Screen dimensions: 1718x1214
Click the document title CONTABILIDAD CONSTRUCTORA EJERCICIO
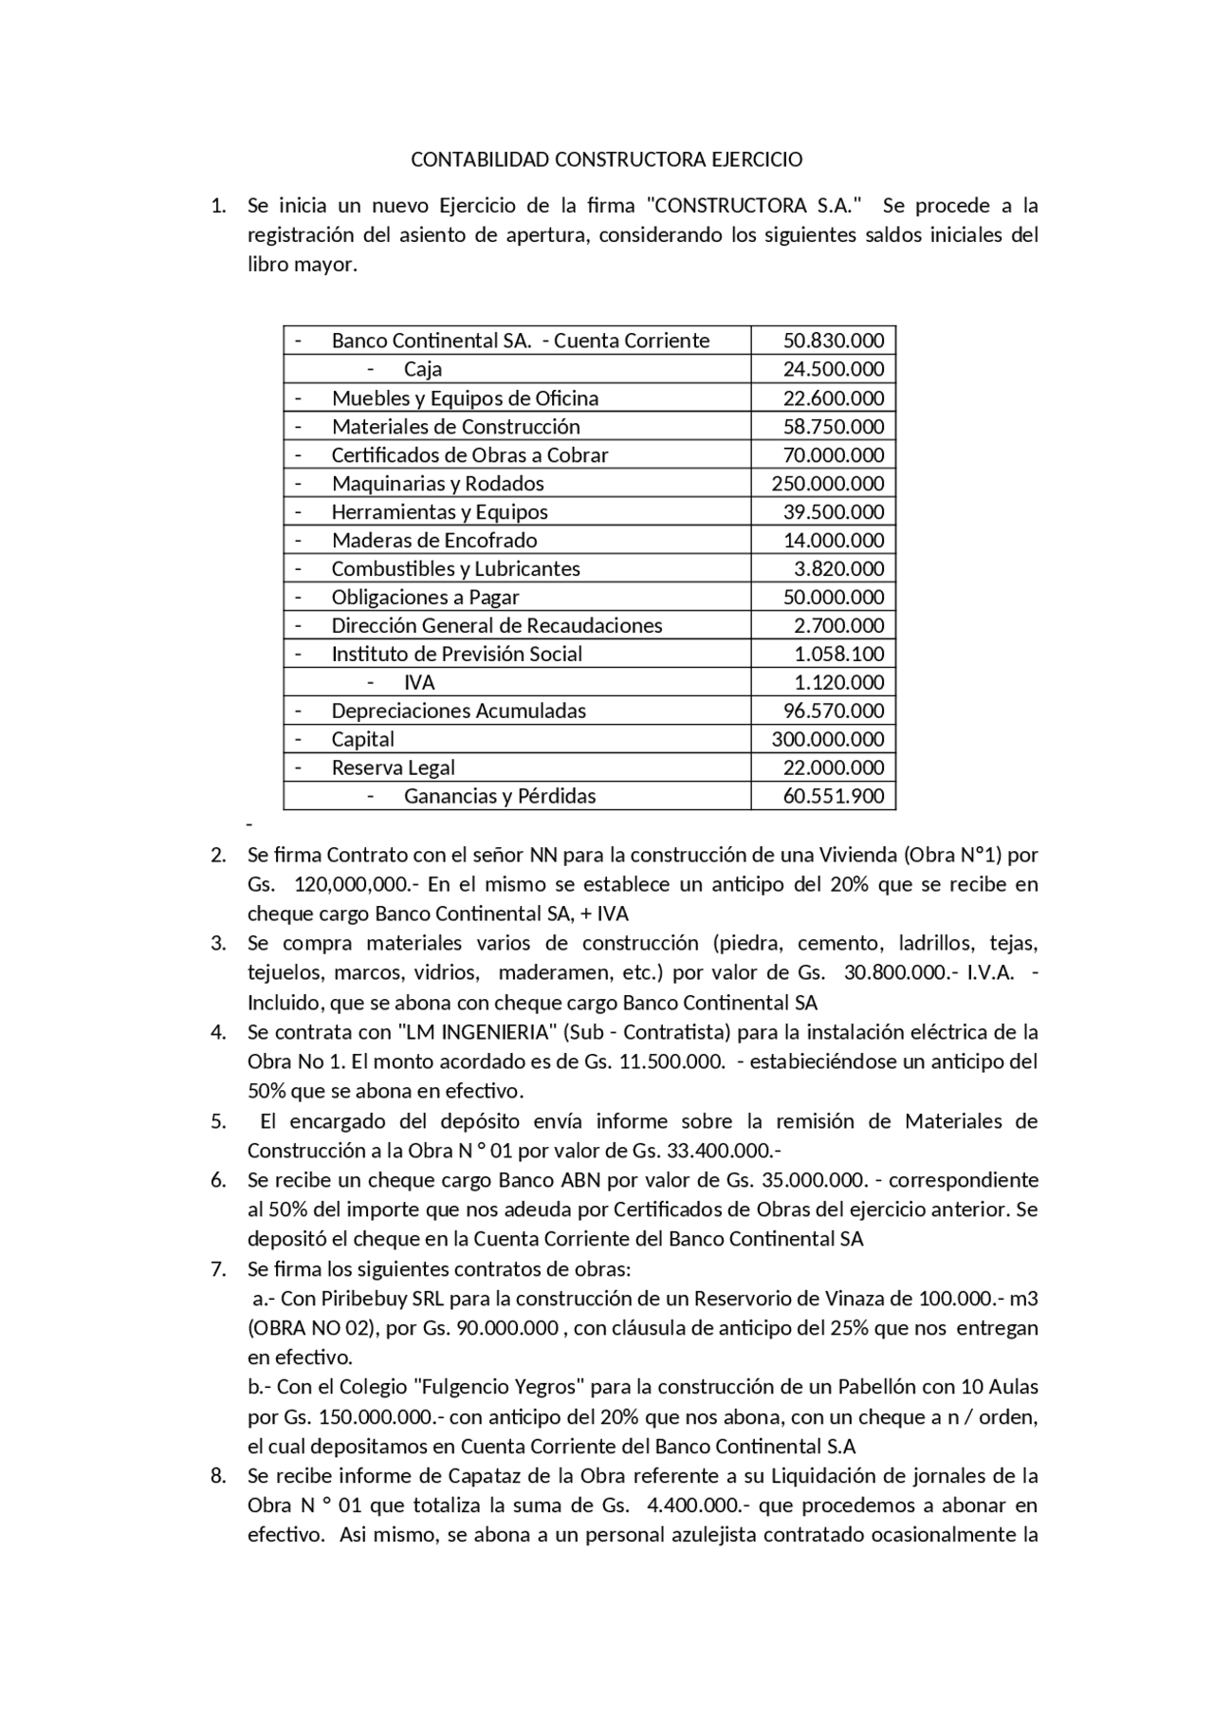click(x=606, y=159)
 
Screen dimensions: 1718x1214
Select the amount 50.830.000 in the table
click(x=833, y=341)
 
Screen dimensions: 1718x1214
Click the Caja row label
click(x=422, y=369)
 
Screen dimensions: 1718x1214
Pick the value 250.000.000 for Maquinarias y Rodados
click(x=827, y=483)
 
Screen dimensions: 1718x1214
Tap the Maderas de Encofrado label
click(x=433, y=540)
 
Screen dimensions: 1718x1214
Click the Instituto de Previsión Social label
click(x=456, y=654)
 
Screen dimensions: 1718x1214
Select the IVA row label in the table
click(x=418, y=682)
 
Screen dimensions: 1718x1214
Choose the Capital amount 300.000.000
click(x=827, y=739)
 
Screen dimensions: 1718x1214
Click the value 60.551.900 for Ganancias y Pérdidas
click(x=833, y=796)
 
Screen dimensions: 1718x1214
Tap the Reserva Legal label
click(x=393, y=767)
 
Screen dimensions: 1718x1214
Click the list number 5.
click(x=217, y=1121)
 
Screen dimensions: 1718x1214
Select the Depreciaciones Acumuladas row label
click(x=458, y=711)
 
